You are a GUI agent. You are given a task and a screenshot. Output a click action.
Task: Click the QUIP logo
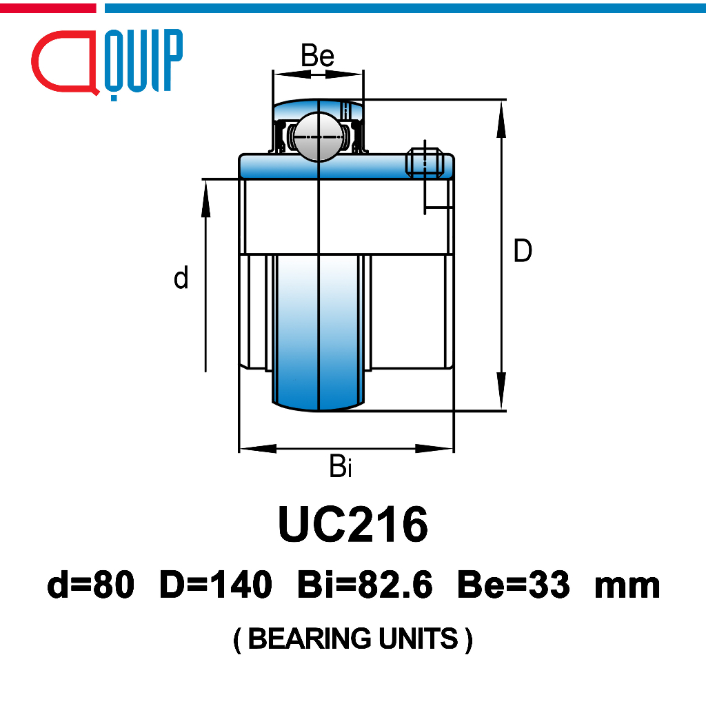point(107,62)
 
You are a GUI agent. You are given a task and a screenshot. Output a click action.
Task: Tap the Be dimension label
point(318,56)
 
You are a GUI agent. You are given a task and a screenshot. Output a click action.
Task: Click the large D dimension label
point(523,251)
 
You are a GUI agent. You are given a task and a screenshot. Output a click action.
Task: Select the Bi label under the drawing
point(341,467)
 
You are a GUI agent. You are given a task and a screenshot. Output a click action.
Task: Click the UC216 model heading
point(352,525)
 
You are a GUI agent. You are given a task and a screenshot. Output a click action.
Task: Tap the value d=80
point(90,585)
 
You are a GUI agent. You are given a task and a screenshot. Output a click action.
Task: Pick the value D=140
point(216,585)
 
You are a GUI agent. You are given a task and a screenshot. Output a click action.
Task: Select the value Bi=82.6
point(365,585)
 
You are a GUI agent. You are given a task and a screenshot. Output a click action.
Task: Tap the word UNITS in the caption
point(418,639)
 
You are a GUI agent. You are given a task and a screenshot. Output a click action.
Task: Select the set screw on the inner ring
point(423,162)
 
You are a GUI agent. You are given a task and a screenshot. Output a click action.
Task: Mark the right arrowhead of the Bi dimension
point(436,449)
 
